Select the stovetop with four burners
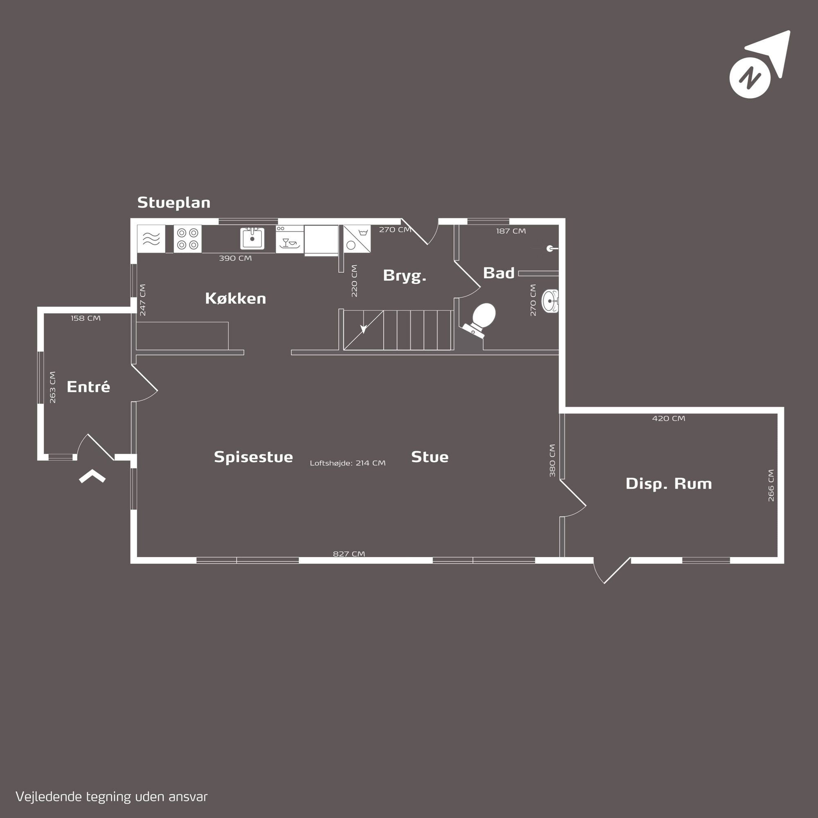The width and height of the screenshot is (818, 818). click(188, 239)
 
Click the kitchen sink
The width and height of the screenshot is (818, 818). click(252, 238)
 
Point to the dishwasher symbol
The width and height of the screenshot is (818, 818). click(290, 239)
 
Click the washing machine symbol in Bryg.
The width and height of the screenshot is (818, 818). click(357, 239)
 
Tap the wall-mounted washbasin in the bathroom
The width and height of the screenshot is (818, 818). click(551, 301)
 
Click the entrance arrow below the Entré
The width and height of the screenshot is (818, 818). click(92, 476)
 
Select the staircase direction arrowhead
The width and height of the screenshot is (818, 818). click(363, 329)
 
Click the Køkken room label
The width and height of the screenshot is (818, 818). click(236, 299)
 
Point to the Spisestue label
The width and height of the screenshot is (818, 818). click(253, 457)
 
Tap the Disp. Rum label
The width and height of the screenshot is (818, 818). click(669, 483)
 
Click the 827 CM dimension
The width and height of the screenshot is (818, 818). click(349, 554)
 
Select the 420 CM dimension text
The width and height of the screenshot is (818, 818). click(669, 418)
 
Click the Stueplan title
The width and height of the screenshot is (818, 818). click(173, 202)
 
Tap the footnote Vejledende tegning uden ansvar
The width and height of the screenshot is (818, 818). click(111, 797)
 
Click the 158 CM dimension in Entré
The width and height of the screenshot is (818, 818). click(85, 318)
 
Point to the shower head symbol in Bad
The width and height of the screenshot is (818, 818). click(552, 249)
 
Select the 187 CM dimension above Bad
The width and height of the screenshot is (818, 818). click(511, 231)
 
